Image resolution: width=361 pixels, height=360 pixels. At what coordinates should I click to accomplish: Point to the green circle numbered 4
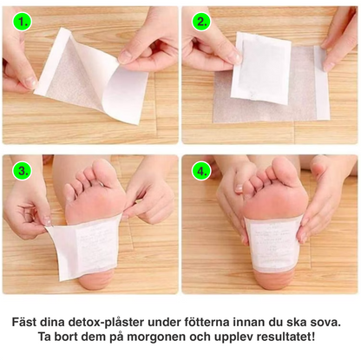tap(200, 171)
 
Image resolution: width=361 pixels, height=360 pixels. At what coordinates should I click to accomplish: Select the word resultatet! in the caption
tap(281, 337)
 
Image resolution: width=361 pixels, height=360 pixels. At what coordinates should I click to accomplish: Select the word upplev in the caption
tap(226, 337)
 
